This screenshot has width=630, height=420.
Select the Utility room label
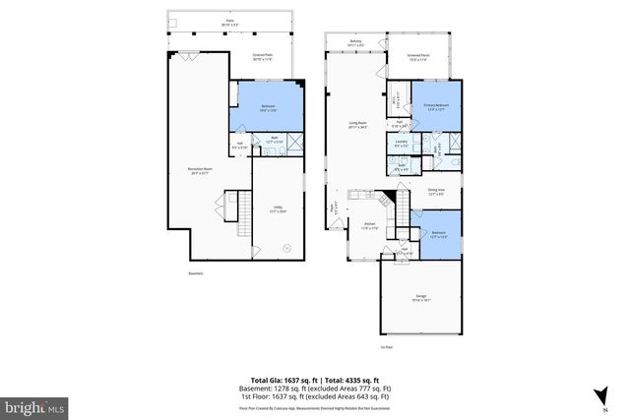coord(279,210)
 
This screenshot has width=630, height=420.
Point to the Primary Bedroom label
coord(437,107)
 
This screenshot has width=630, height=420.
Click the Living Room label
coord(356,125)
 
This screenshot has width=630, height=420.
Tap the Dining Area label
coord(437,192)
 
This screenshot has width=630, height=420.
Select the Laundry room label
coord(402,145)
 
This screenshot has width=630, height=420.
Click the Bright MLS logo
coord(34,404)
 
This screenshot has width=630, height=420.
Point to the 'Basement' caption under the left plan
coord(196,273)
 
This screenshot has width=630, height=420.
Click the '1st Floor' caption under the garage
coord(387,347)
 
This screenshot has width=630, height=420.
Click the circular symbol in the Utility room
coord(287,248)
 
